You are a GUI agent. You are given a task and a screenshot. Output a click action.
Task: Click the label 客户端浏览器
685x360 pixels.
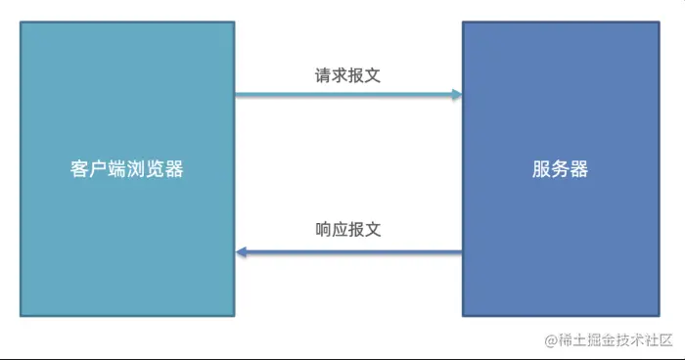127,169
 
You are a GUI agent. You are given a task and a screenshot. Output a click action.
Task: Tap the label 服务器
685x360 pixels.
560,169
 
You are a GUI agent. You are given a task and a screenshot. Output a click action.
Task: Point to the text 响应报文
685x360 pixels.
347,231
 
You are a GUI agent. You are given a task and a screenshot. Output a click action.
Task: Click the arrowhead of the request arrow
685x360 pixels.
456,95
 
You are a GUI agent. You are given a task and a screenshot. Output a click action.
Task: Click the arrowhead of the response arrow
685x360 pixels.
241,252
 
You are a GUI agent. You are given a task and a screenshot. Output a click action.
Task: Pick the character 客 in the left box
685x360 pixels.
81,169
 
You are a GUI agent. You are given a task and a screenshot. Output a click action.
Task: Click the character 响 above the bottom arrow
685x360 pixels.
324,231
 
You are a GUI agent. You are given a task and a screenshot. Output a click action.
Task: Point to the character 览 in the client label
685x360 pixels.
156,169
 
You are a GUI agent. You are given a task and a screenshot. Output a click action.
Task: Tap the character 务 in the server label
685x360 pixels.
560,169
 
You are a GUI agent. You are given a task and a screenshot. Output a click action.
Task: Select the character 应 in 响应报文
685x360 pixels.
340,231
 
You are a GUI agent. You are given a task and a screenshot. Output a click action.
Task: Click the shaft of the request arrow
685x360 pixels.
342,95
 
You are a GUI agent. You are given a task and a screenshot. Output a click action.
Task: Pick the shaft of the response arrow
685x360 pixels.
352,252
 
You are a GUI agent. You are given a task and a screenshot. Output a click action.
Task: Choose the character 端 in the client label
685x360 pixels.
118,169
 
